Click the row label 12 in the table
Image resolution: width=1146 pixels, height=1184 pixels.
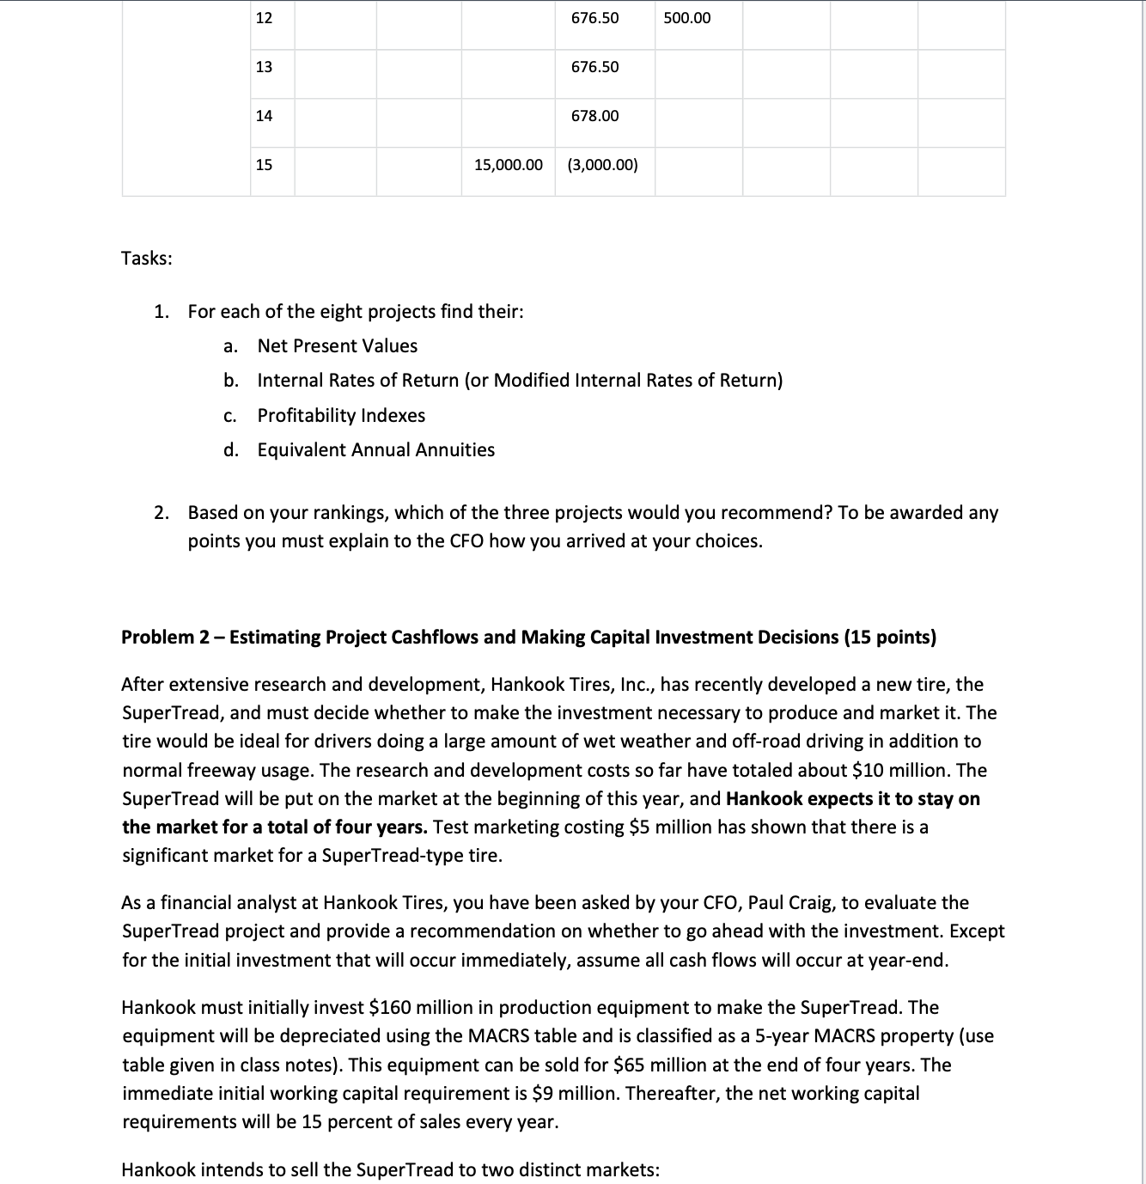[x=264, y=18]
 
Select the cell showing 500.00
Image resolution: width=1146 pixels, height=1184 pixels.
[x=686, y=18]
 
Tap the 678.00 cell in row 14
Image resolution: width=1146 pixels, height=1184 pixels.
[x=594, y=116]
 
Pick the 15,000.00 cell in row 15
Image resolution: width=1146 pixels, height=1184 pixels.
[x=509, y=165]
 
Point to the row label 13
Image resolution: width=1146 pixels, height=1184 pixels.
[x=264, y=67]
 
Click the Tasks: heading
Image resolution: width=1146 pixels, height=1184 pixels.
[x=147, y=259]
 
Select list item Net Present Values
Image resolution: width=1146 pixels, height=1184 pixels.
[x=337, y=346]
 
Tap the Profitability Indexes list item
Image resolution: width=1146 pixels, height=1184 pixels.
[x=341, y=416]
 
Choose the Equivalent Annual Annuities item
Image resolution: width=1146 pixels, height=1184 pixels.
[x=375, y=450]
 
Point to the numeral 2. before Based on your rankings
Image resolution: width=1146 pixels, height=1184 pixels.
[x=162, y=513]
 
